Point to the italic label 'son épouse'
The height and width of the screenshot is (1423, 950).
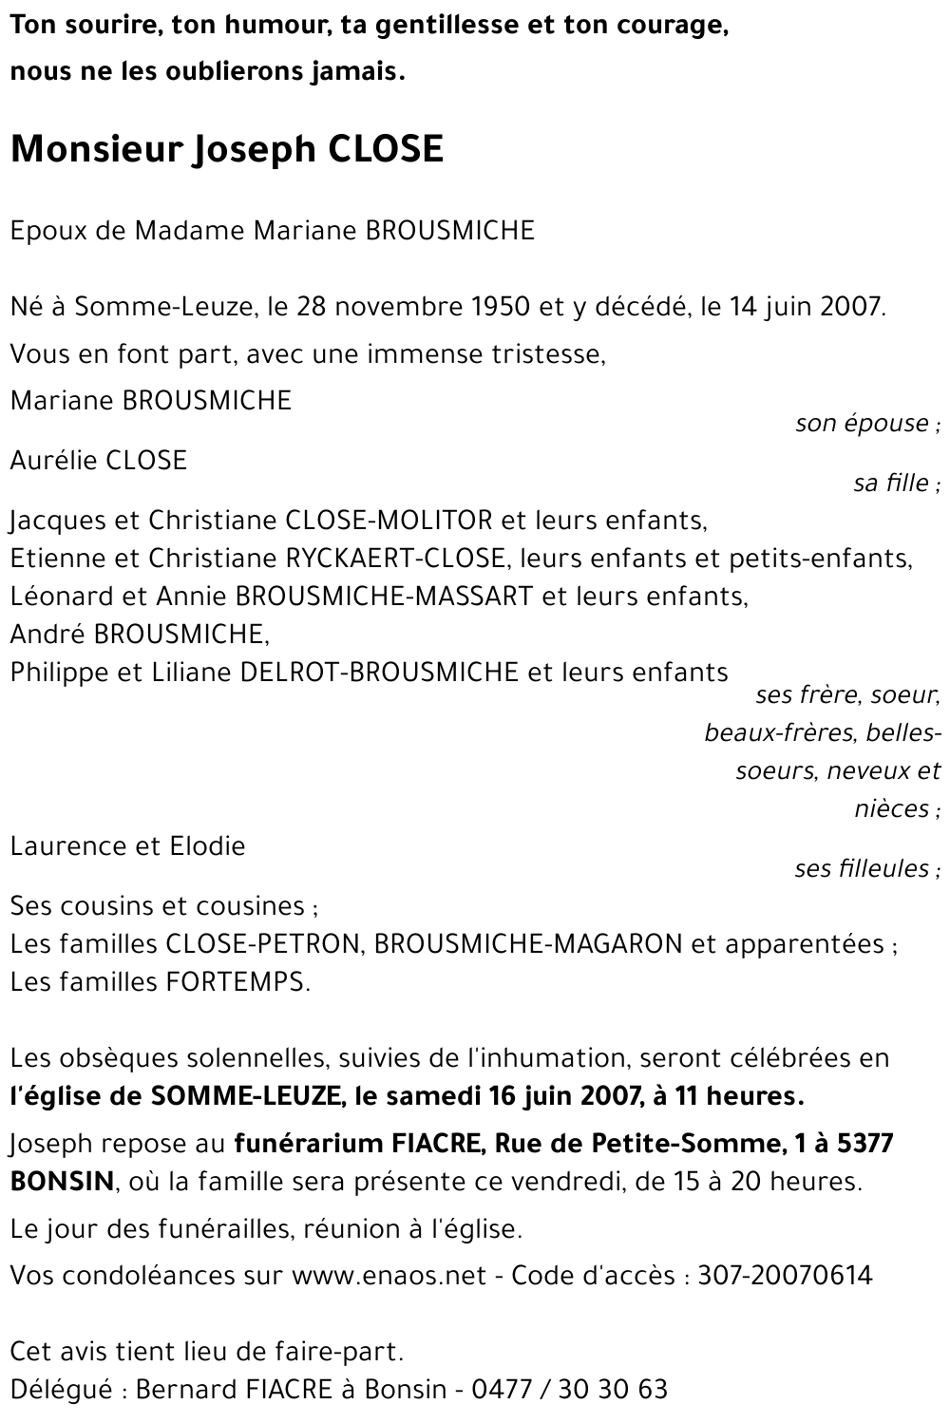pyautogui.click(x=863, y=424)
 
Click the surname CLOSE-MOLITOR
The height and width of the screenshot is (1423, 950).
pyautogui.click(x=389, y=521)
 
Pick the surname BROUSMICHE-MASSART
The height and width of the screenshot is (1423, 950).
pyautogui.click(x=383, y=597)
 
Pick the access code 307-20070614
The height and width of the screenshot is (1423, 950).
pyautogui.click(x=785, y=1275)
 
